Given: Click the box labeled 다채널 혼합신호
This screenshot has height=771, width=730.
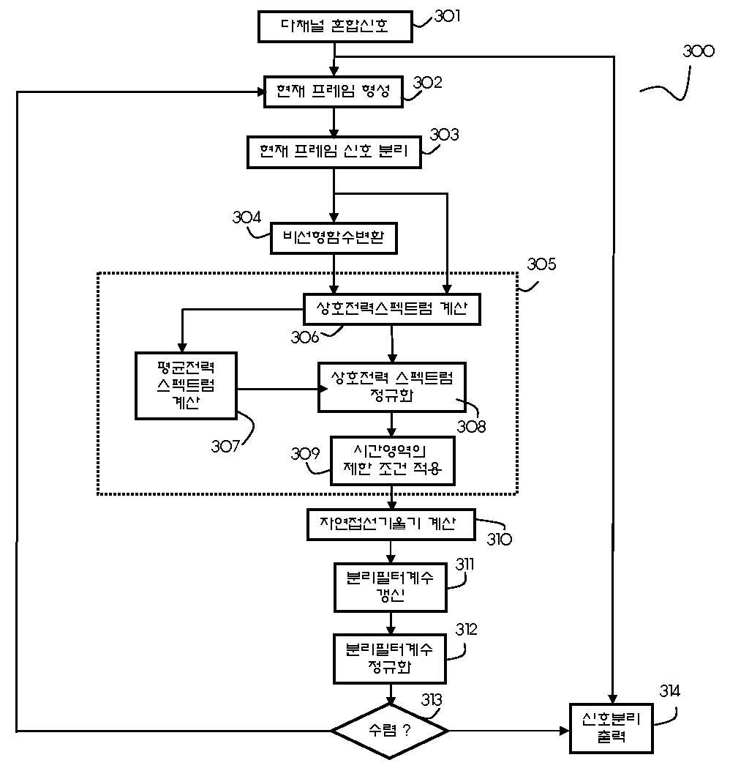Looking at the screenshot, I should coord(334,27).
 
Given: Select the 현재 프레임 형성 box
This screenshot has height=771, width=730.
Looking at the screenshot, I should coord(334,92).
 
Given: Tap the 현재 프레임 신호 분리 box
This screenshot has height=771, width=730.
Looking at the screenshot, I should coord(334,152).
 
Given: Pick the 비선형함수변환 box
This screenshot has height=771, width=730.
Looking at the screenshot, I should coord(334,237).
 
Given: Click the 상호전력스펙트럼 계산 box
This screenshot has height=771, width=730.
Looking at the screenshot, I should coord(391,309).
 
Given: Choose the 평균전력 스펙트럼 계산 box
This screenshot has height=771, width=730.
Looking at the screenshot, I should coord(186,385).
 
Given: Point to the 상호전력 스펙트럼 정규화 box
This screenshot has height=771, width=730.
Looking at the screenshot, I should coord(391,387).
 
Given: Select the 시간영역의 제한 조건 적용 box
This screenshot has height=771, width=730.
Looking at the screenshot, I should coord(391,461).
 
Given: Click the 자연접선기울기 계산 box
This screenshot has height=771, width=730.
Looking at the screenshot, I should coord(391,524).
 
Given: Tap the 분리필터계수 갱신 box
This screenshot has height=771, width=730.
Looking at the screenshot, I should coord(390,587).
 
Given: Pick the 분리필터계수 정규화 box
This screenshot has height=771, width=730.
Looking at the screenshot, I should coord(390,658).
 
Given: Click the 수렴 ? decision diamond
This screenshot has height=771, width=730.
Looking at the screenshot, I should coord(390,730).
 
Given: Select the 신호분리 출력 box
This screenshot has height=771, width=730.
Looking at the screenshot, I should coord(611,728).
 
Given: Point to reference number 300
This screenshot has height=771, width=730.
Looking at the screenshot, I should coord(698,52).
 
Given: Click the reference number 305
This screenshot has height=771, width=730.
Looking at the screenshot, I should coord(541,265).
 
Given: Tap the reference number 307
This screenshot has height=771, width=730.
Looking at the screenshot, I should coord(226,446).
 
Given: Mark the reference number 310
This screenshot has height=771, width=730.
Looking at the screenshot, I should coord(500,540).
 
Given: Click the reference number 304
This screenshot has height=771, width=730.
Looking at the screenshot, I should coord(247,217).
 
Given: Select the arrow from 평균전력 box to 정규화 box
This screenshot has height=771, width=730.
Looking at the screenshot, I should coord(278,389).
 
